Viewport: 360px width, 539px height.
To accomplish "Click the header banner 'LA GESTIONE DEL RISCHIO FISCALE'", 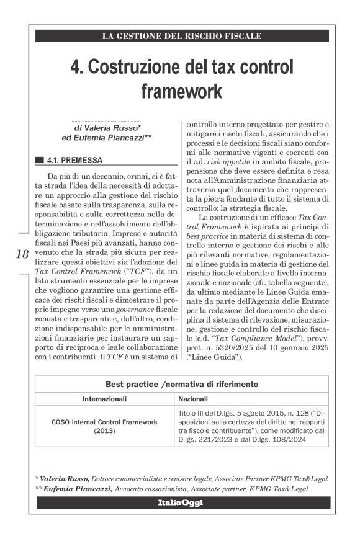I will point(182,36).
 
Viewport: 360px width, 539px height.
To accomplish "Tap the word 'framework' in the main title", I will point(181,91).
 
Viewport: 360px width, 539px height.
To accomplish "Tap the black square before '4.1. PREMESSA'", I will point(39,159).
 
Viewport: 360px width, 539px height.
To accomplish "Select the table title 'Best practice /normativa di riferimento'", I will point(182,385).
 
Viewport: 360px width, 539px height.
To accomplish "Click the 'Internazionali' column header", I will point(104,398).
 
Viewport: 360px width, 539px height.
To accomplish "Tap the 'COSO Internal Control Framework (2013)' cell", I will point(104,425).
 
